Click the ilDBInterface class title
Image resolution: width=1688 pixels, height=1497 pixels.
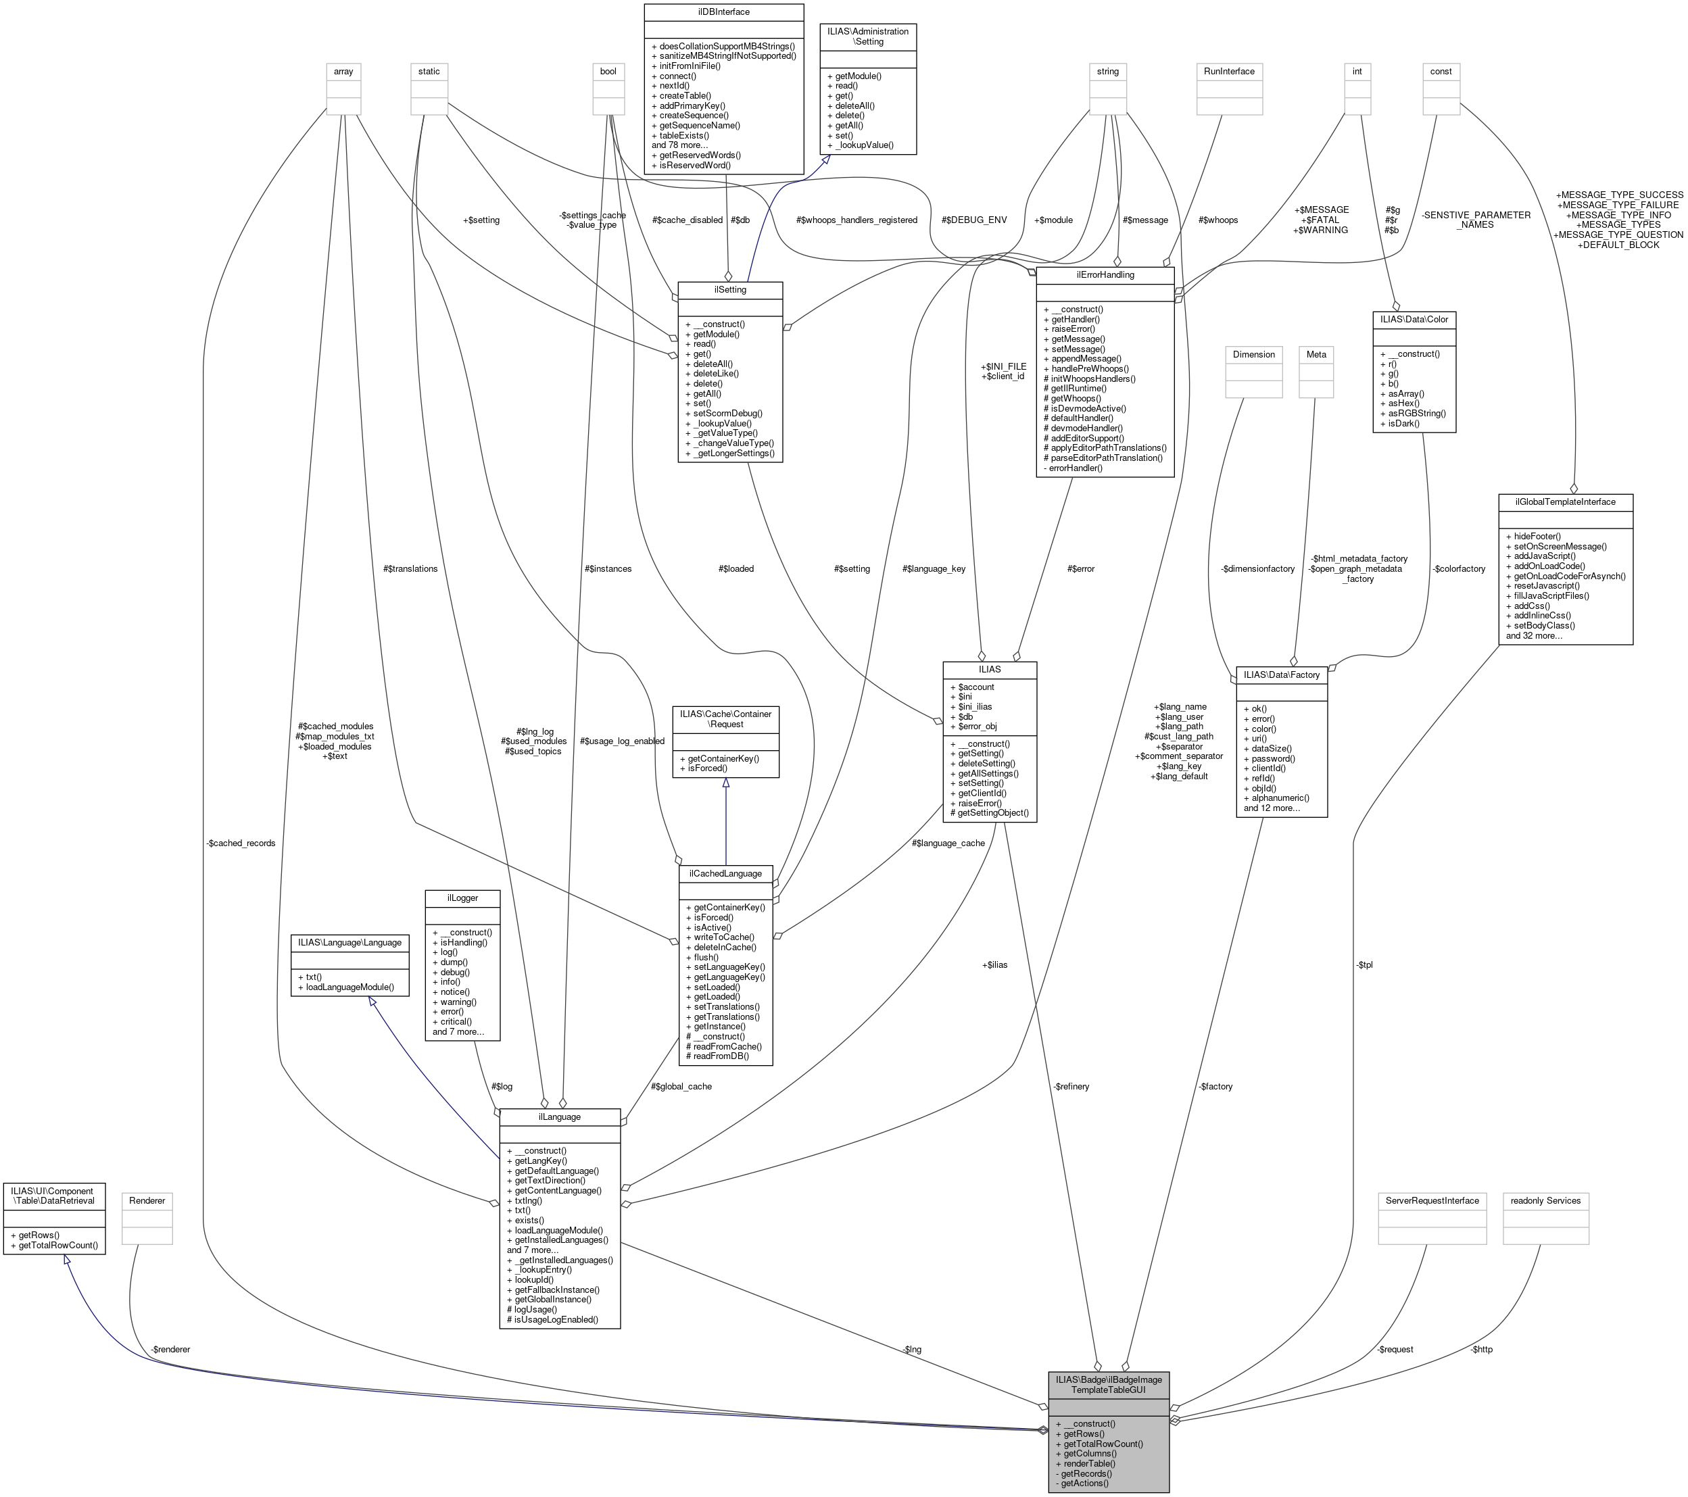click(x=723, y=11)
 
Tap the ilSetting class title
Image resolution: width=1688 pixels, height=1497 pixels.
click(x=730, y=290)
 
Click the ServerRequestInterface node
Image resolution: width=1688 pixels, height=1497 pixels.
click(x=1432, y=1200)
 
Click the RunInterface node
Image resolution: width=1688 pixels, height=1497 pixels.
click(x=1229, y=71)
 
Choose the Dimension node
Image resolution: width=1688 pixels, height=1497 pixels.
click(x=1253, y=354)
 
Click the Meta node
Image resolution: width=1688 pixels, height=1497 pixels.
click(x=1316, y=354)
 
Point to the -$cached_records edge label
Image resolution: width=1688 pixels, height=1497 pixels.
click(x=240, y=843)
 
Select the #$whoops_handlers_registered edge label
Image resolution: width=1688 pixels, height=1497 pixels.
click(x=857, y=220)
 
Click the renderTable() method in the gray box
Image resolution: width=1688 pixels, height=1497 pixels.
click(x=1088, y=1463)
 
